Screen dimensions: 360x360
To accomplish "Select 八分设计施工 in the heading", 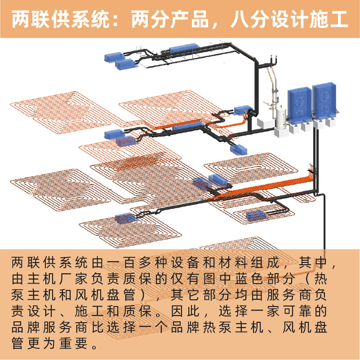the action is coord(289,19).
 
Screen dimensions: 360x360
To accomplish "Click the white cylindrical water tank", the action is coord(280,120).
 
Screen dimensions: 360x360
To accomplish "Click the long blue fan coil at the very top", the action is coord(184,48).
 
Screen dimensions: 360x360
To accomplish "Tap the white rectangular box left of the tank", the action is coord(266,123).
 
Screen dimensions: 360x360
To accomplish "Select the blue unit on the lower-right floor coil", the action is coord(256,215).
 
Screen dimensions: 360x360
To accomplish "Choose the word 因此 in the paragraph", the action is coord(185,311).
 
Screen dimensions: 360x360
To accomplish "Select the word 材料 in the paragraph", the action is coord(234,262).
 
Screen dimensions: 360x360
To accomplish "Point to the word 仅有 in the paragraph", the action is coord(185,279).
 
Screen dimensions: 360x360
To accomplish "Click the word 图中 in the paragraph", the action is coord(218,279).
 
